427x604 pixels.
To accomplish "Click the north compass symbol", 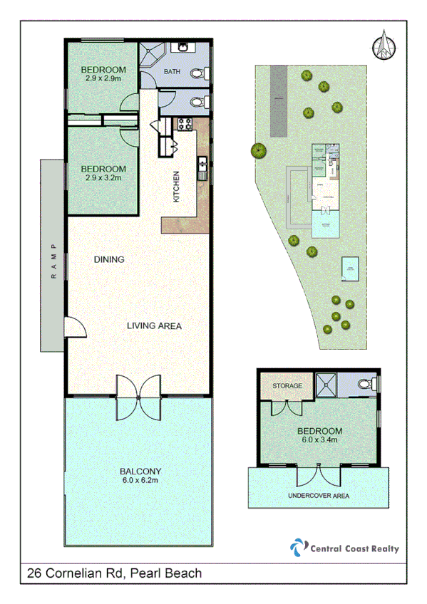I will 384,46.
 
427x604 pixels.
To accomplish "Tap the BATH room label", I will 173,72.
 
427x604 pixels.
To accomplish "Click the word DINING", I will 109,259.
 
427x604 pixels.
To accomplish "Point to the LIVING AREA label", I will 154,326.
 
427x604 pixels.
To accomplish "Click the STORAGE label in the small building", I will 287,386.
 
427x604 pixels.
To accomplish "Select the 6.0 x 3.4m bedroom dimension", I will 319,440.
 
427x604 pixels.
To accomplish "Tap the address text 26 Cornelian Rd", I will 78,573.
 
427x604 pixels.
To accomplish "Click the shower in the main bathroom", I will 152,58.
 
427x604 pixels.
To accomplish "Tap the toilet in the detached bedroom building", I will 366,385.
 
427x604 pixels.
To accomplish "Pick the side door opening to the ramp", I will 73,327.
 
